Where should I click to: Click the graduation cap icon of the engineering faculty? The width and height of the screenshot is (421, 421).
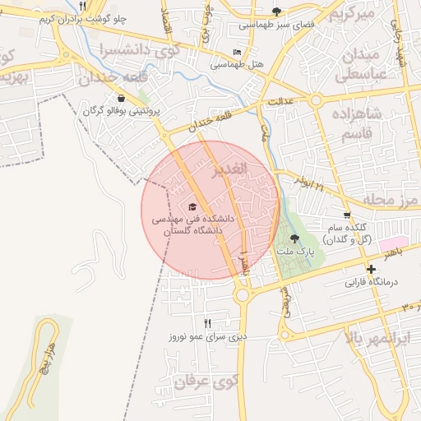coord(192,206)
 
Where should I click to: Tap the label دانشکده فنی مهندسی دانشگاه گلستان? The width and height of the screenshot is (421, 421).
coord(192,226)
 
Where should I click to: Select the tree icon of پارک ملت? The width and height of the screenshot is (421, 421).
coord(295,238)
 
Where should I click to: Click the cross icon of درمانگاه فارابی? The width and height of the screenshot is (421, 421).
coord(371,269)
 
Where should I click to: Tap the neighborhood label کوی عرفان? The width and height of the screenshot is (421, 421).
coord(206,382)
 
